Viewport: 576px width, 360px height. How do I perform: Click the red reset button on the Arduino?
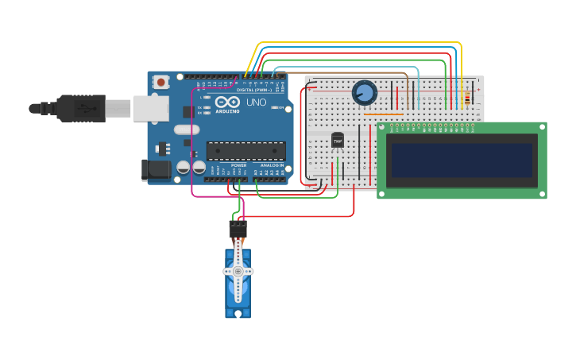click(161, 82)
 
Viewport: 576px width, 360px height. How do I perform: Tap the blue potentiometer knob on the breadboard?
click(364, 93)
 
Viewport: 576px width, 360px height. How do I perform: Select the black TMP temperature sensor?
click(338, 141)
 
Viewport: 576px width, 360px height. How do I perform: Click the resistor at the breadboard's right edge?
click(466, 99)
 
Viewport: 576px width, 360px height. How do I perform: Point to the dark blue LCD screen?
click(461, 160)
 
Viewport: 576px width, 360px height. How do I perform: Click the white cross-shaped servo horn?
click(238, 271)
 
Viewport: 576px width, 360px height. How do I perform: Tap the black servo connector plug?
click(238, 230)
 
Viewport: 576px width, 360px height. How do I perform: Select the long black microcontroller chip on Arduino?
click(245, 150)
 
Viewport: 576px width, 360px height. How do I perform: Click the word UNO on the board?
click(256, 103)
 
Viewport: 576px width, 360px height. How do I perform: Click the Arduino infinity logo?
click(227, 103)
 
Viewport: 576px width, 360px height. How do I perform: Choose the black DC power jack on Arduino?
click(155, 169)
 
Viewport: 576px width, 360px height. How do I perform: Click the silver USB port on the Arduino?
click(150, 108)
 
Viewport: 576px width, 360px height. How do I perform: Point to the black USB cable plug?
click(80, 108)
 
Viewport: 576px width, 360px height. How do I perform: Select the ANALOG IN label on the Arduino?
click(272, 165)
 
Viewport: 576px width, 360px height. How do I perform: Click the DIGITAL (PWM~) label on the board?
click(254, 90)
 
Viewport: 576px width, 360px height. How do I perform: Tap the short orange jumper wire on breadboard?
click(383, 114)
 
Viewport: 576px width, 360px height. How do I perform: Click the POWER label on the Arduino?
click(238, 165)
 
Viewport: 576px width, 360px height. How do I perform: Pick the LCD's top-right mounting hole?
click(541, 127)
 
